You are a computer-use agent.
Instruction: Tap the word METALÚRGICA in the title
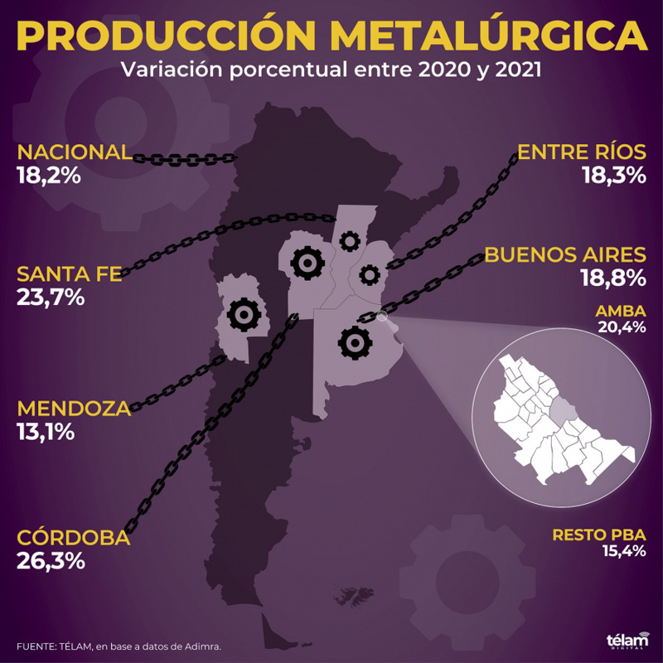click(x=490, y=34)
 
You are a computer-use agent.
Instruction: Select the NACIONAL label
click(x=74, y=152)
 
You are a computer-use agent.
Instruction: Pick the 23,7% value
click(x=51, y=297)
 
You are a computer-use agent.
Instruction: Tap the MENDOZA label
click(x=74, y=409)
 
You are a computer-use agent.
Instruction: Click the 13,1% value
click(x=46, y=431)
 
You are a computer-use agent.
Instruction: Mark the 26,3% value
click(x=51, y=560)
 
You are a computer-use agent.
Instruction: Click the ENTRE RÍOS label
click(x=581, y=152)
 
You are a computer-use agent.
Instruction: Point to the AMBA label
click(x=621, y=312)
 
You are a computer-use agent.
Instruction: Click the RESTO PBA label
click(x=599, y=535)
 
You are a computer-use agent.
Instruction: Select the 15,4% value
click(x=624, y=551)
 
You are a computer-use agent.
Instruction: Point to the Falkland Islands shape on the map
click(x=351, y=594)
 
